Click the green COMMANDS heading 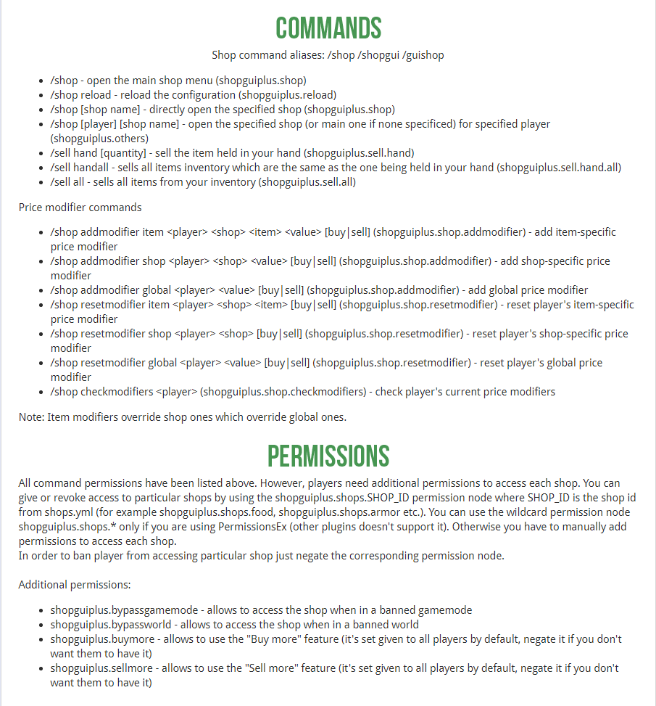328,28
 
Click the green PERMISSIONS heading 328,456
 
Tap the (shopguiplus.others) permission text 99,138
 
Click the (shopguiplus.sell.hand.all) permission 559,167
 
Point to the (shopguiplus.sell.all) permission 307,181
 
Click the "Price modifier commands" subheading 80,208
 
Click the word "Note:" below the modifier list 32,416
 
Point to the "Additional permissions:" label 75,585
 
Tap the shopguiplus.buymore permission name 102,639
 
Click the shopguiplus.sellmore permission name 101,668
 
